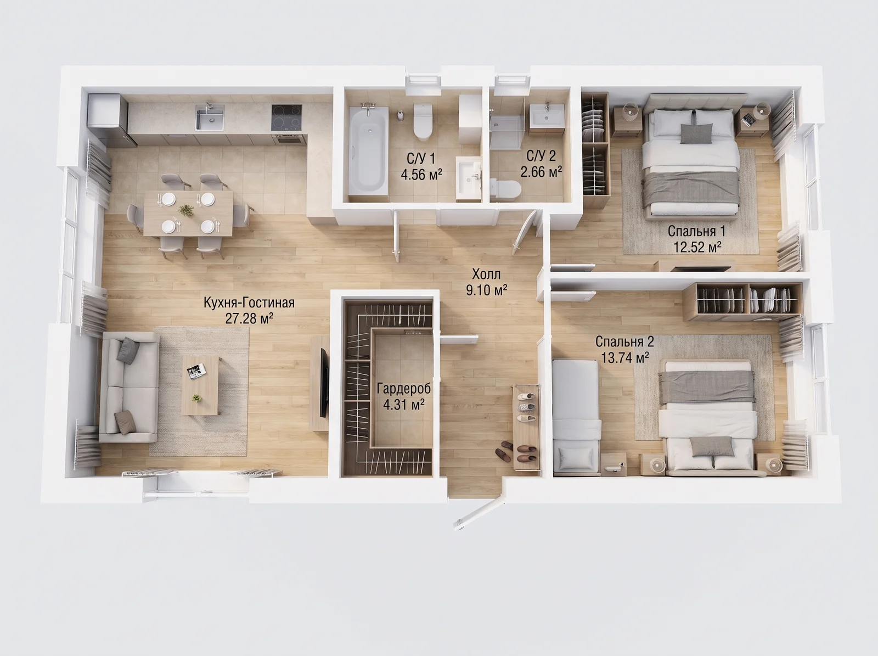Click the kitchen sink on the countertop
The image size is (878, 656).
click(210, 117)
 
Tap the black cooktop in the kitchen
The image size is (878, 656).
click(286, 117)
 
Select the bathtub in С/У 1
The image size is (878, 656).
click(368, 151)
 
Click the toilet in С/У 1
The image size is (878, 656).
click(423, 122)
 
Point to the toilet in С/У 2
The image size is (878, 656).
click(505, 189)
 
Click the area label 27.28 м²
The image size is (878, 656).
click(249, 318)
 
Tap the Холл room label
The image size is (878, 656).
click(486, 274)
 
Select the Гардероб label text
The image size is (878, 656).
click(403, 388)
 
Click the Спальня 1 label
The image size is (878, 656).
click(696, 231)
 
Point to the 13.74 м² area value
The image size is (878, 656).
click(625, 357)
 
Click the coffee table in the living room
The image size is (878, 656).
click(200, 385)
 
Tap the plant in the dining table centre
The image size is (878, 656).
click(186, 210)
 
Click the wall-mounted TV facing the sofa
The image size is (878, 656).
click(324, 383)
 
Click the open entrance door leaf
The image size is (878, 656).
click(479, 514)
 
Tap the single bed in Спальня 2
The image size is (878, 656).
click(576, 417)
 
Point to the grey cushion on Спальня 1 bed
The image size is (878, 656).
click(696, 133)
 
